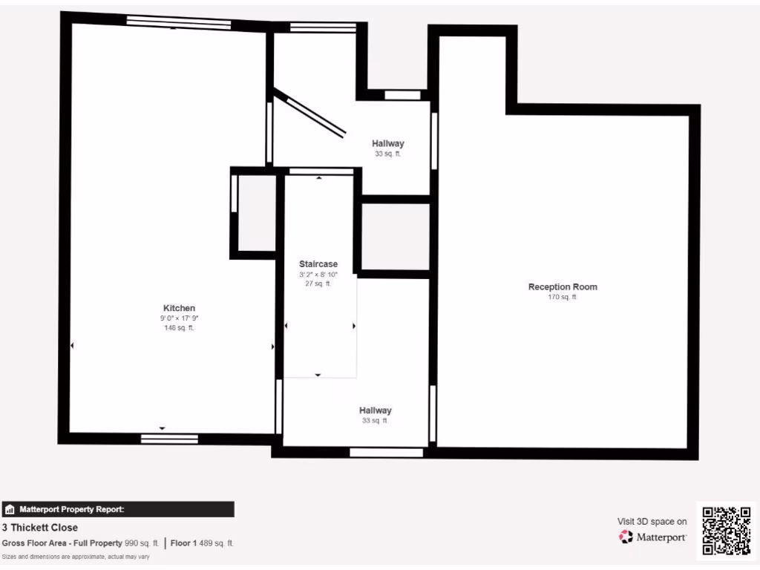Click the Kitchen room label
point(179,308)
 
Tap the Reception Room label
point(563,286)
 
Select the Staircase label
point(318,263)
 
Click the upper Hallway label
point(388,143)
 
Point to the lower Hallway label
point(376,410)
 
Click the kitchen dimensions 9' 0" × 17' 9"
point(179,318)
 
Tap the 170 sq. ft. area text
point(563,297)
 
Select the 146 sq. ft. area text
point(179,327)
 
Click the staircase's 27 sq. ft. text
point(318,283)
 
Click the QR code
point(727,531)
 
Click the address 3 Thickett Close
point(40,528)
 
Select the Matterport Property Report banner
point(119,509)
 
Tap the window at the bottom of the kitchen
point(169,439)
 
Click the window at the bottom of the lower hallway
point(386,452)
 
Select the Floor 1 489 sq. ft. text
point(203,543)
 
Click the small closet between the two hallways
point(396,237)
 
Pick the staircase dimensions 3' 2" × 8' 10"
point(318,274)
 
